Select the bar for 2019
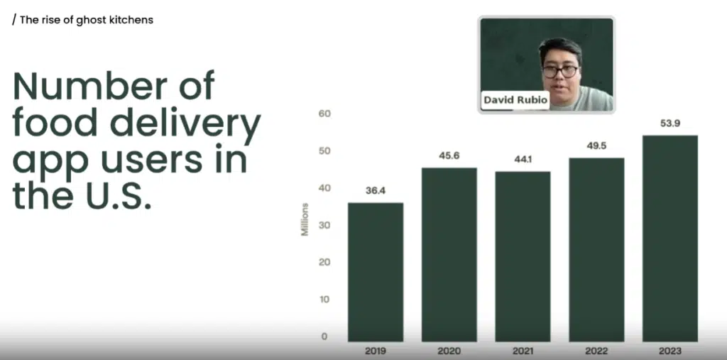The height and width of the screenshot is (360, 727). [x=376, y=273]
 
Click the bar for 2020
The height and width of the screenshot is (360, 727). [x=449, y=255]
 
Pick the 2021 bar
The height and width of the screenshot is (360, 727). [x=523, y=256]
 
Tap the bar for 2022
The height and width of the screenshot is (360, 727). [x=596, y=250]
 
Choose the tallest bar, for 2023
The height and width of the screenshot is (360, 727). [x=670, y=239]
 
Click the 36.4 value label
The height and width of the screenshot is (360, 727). [x=376, y=190]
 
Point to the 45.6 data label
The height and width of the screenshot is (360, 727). [x=449, y=156]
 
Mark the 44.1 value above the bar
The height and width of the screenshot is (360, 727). [x=523, y=160]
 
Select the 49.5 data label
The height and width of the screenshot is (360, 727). [x=596, y=146]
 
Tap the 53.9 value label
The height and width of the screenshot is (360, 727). [x=670, y=124]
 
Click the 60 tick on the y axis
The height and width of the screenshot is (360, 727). [x=324, y=114]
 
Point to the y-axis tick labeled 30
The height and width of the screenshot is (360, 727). [x=324, y=225]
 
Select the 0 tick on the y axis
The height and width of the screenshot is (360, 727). [x=324, y=337]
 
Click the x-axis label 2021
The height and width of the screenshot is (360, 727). [x=523, y=351]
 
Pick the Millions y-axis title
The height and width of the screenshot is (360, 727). [x=305, y=219]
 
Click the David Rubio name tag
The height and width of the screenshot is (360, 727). [x=515, y=100]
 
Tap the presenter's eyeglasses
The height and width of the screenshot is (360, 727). [x=561, y=72]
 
